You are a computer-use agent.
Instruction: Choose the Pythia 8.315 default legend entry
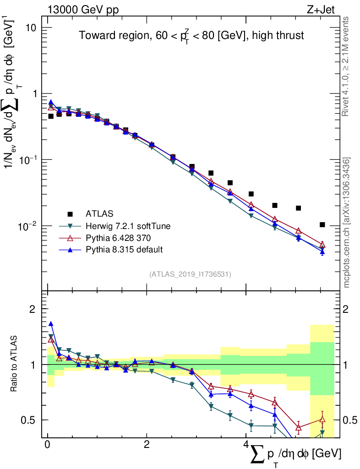point(124,250)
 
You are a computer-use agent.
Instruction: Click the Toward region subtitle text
point(191,35)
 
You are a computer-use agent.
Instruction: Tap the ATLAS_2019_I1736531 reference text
point(190,274)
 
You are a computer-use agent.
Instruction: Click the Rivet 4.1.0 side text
point(346,66)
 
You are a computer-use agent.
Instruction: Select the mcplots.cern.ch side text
point(346,222)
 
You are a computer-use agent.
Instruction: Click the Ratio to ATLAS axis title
point(15,364)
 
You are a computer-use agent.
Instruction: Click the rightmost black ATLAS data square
point(322,224)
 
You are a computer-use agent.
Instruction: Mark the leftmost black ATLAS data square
point(51,116)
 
